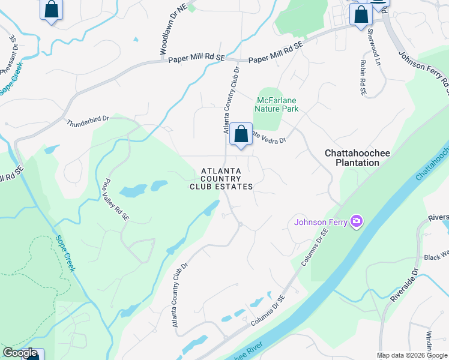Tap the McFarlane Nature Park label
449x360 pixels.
[277, 104]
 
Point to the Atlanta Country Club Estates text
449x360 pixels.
[221, 179]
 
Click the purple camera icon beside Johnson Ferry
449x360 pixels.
[357, 222]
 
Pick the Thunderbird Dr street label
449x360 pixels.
[88, 121]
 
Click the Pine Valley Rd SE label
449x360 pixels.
[116, 199]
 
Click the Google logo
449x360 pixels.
[20, 353]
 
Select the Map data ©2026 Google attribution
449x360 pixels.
[412, 355]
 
